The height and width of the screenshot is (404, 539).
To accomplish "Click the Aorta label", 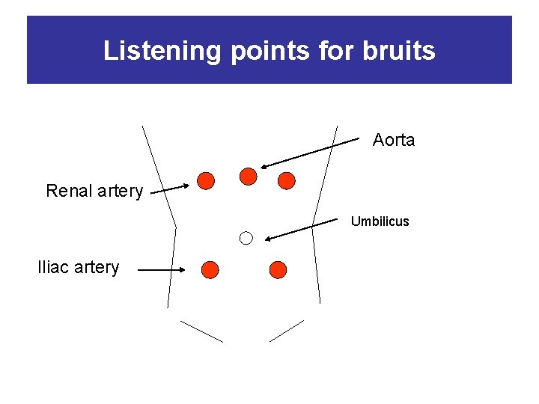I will (x=394, y=140).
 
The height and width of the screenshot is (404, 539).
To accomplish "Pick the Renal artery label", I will (x=94, y=191).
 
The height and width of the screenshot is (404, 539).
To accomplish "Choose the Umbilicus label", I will (x=380, y=221).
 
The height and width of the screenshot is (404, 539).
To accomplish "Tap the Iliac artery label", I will (x=79, y=267).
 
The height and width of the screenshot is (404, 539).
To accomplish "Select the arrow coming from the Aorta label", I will (x=310, y=153).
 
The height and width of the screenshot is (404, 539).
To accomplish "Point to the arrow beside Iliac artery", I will (x=162, y=269).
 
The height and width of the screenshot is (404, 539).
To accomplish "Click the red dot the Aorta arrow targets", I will (x=248, y=176).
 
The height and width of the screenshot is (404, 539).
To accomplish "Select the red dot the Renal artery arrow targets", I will (x=206, y=180).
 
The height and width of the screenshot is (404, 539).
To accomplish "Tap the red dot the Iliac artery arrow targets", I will (x=210, y=269).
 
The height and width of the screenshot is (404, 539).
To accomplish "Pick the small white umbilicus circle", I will (x=246, y=238).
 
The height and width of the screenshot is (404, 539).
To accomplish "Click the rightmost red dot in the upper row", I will (x=287, y=180).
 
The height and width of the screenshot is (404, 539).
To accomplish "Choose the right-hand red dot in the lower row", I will (x=278, y=269).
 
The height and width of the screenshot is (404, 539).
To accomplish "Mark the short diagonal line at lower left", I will (x=202, y=331).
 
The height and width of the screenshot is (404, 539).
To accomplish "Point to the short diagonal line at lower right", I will (x=287, y=331).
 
